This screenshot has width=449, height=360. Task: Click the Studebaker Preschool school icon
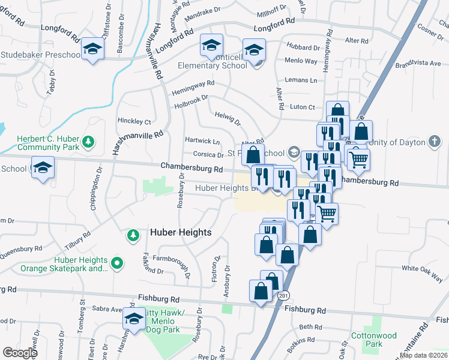pyautogui.click(x=93, y=49)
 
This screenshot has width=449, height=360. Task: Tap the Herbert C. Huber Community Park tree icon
pyautogui.click(x=89, y=142)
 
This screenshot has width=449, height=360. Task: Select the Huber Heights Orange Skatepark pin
pyautogui.click(x=118, y=262)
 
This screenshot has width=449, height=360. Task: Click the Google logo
pyautogui.click(x=20, y=352)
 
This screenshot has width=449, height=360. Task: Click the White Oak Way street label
pyautogui.click(x=422, y=269)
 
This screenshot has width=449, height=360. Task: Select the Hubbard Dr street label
pyautogui.click(x=303, y=47)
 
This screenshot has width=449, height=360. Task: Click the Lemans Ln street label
pyautogui.click(x=301, y=80)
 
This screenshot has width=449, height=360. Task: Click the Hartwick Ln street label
pyautogui.click(x=202, y=142)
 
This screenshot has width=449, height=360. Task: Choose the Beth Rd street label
pyautogui.click(x=310, y=327)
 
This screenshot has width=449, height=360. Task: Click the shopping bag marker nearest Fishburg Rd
pyautogui.click(x=261, y=292)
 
